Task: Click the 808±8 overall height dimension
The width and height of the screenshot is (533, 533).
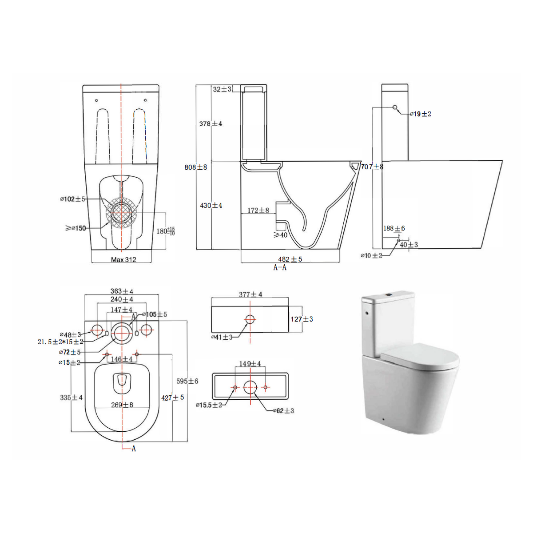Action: (x=195, y=167)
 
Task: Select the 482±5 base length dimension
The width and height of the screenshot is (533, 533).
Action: (x=290, y=259)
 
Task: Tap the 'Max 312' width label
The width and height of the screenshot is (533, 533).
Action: (x=123, y=259)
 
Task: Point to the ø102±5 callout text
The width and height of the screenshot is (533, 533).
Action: (x=72, y=199)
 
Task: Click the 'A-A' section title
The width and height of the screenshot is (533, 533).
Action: (x=280, y=267)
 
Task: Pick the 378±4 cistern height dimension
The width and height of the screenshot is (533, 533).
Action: (x=211, y=123)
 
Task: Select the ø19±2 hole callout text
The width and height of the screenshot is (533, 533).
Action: (x=421, y=114)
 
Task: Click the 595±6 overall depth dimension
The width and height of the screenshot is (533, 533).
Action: (x=187, y=381)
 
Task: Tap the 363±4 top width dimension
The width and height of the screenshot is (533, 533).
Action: (x=122, y=291)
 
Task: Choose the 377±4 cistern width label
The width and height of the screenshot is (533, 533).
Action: (x=251, y=294)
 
